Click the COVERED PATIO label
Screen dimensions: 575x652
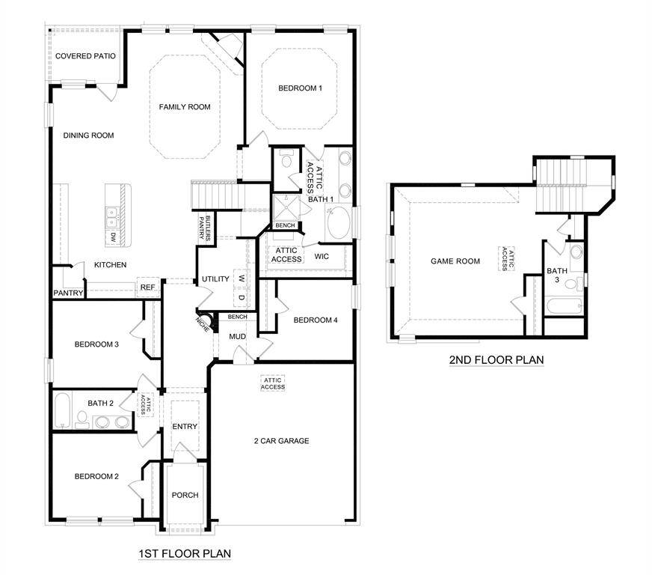tap(84, 56)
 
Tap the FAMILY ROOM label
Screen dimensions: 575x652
tap(185, 107)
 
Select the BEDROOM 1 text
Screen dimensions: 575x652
tap(300, 88)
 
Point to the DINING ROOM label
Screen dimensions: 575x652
tap(88, 136)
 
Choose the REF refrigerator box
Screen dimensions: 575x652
tap(147, 287)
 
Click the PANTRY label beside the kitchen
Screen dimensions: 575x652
tap(68, 293)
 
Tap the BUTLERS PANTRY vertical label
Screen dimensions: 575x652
tap(200, 227)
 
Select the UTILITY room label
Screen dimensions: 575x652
tap(215, 279)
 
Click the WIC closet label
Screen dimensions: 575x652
tap(322, 257)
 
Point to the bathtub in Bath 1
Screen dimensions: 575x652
tap(337, 224)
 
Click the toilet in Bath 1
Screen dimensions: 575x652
tap(285, 159)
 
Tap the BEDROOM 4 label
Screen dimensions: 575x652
tap(316, 320)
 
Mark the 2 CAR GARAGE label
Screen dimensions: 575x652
tap(281, 441)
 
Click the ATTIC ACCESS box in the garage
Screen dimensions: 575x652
tap(273, 383)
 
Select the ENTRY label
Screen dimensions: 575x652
tap(185, 427)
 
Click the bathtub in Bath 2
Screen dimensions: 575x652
tap(62, 410)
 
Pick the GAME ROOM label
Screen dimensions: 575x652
tap(455, 261)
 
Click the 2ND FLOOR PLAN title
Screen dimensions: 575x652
tap(496, 360)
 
